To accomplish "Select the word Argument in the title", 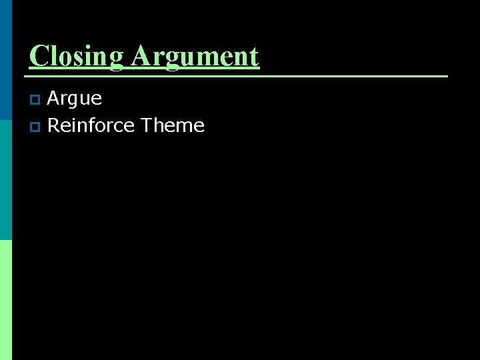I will click(195, 56).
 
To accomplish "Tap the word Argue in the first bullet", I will click(75, 99).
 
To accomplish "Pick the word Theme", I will click(173, 125).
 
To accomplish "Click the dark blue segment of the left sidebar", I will click(6, 60).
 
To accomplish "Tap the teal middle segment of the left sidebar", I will click(6, 180).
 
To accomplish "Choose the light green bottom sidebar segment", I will click(6, 300).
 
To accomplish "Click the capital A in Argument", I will click(141, 56).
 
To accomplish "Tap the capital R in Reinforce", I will click(54, 125).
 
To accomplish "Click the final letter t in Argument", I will click(254, 57).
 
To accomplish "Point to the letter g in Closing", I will click(117, 60).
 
